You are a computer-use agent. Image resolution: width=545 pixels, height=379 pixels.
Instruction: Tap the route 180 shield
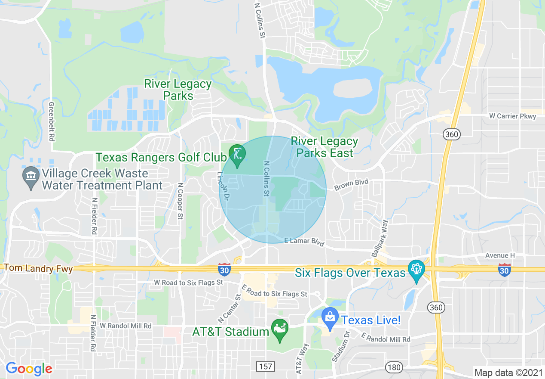[394, 367]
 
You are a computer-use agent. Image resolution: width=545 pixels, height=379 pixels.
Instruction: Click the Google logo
[29, 369]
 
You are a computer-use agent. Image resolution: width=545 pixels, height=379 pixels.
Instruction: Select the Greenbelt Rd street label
[52, 122]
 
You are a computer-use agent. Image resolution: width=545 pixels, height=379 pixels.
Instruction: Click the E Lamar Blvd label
[303, 241]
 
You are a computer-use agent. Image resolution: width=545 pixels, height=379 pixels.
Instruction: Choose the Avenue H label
[500, 255]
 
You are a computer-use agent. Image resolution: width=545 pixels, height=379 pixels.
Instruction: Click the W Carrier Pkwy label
[512, 116]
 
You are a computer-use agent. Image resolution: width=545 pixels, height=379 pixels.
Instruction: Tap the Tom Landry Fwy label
[38, 268]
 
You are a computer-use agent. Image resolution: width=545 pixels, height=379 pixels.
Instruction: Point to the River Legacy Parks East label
[324, 147]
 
